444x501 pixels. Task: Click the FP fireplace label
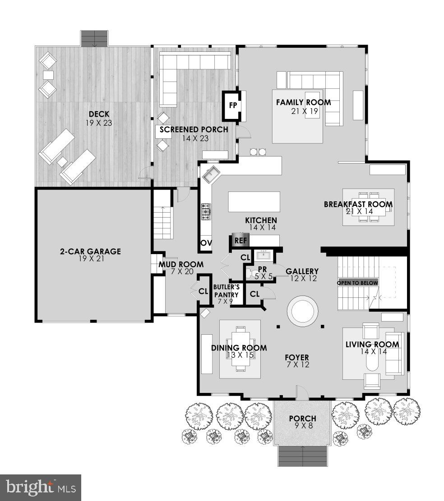coord(233,105)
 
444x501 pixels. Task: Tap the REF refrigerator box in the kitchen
coord(240,241)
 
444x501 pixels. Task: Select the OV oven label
coord(206,243)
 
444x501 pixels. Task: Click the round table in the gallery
coord(303,311)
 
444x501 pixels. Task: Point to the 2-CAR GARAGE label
coord(91,251)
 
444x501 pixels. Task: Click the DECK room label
coord(99,114)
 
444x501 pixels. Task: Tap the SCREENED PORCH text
coord(193,130)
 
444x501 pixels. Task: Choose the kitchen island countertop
coord(254,202)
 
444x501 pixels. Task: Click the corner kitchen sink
coord(211,173)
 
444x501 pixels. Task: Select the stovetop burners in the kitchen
coord(206,211)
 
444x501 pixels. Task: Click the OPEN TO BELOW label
coord(358,283)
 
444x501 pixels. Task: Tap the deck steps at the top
coord(94,38)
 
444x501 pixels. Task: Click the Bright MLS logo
coord(40,487)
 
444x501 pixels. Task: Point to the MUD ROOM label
coord(180,264)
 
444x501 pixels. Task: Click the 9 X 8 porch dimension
coord(303,427)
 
